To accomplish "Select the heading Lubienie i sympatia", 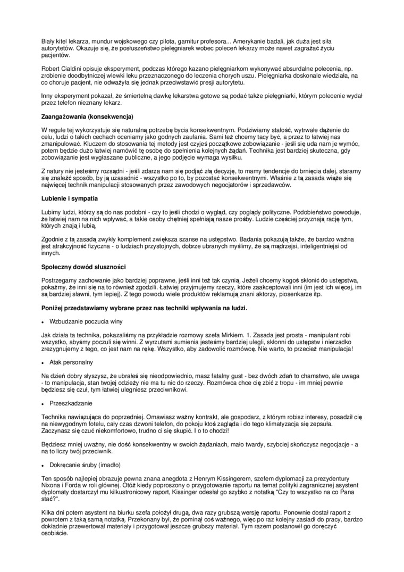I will [69, 198].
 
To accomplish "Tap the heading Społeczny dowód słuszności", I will [83, 266].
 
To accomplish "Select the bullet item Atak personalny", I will [71, 362].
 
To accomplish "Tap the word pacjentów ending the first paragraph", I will [55, 55].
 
